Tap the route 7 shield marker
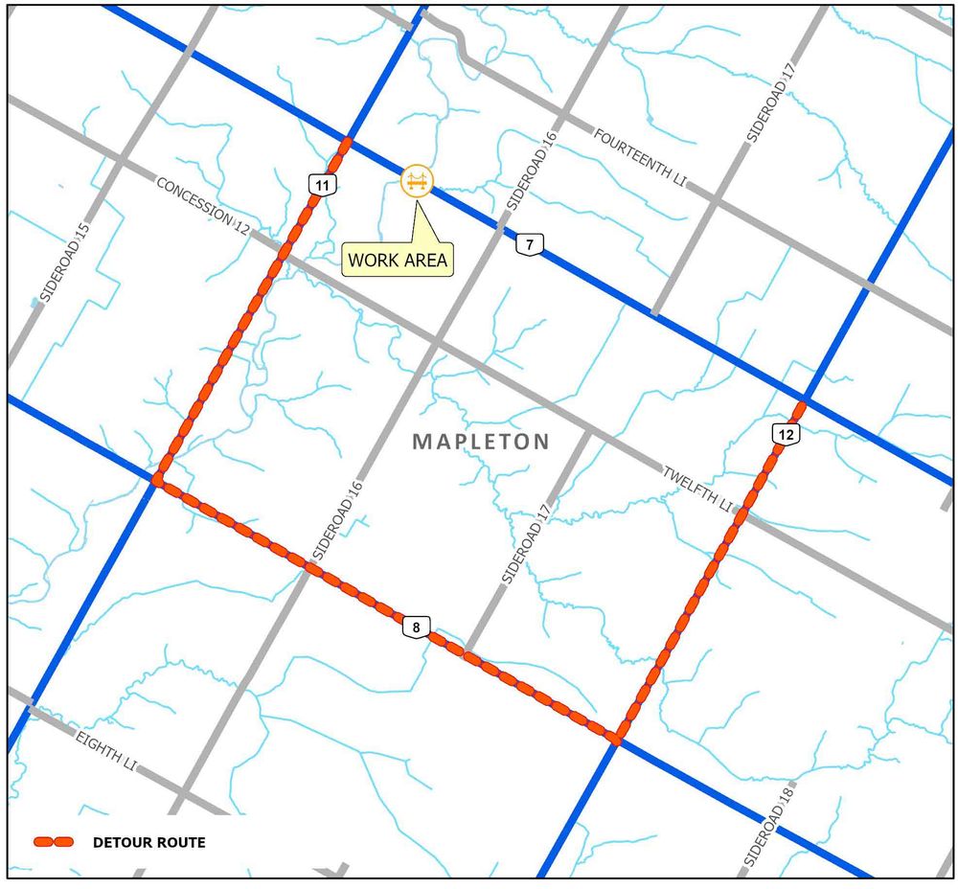(528, 245)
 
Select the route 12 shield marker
(785, 434)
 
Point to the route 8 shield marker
(415, 628)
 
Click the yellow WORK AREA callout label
(398, 259)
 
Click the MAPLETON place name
(481, 442)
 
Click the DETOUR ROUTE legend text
(148, 843)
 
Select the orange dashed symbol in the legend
(54, 842)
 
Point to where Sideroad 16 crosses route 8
(308, 566)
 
